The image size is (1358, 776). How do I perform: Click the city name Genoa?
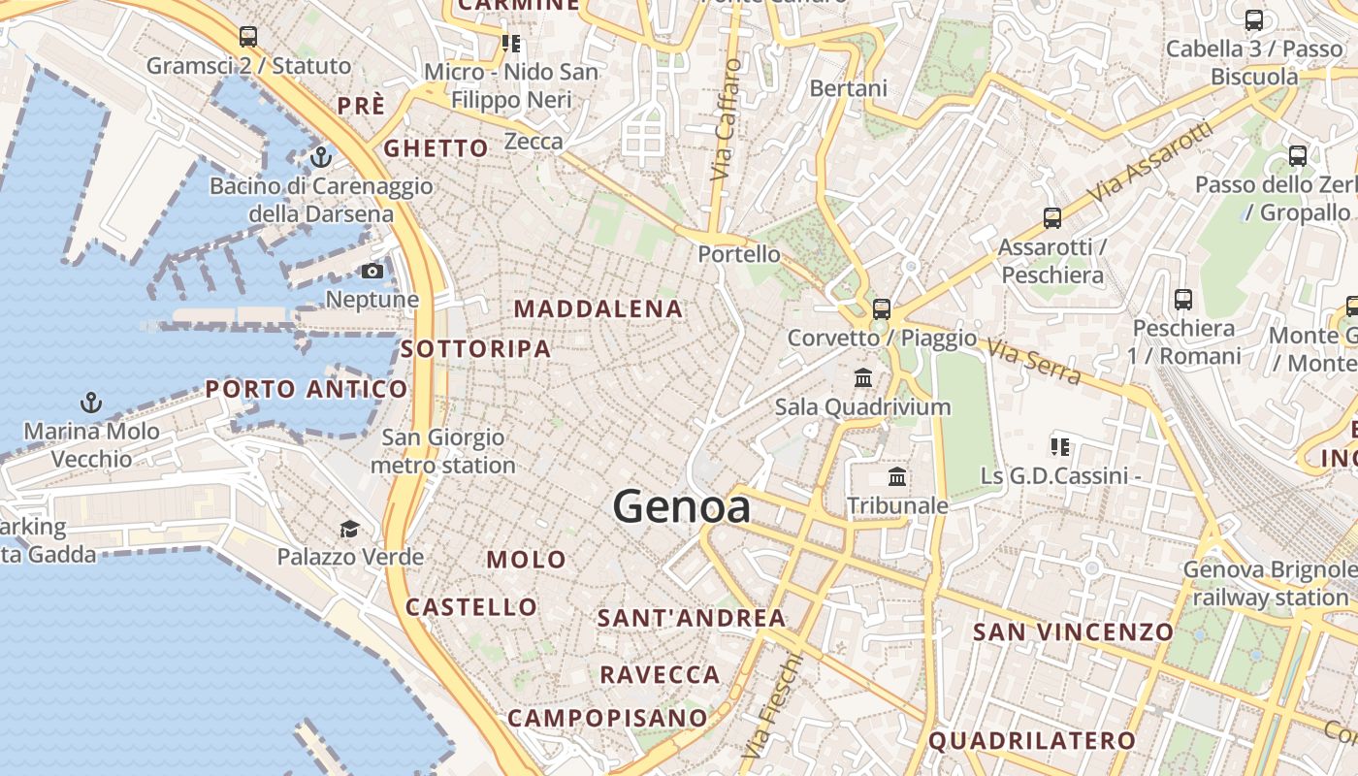[682, 506]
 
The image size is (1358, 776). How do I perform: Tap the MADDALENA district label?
[598, 309]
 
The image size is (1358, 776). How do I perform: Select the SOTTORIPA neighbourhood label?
[475, 349]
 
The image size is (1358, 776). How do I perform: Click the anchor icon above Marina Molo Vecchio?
[91, 402]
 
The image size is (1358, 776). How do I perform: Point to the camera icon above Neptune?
[372, 271]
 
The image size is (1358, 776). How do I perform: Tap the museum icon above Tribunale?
[897, 477]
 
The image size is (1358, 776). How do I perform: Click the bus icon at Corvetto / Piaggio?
[881, 309]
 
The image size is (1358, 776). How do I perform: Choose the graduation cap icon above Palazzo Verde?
[349, 529]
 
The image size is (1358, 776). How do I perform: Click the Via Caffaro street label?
[726, 119]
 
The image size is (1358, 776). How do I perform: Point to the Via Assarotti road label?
[1150, 161]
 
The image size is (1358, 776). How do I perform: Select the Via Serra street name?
[1034, 360]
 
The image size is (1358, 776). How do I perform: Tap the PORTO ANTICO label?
[307, 390]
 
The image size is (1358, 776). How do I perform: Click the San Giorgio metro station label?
[443, 452]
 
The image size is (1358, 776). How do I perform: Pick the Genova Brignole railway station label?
[1270, 584]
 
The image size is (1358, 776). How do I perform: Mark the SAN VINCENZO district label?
[1073, 632]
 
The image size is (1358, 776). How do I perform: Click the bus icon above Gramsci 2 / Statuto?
[248, 37]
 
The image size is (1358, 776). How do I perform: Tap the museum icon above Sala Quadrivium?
[862, 377]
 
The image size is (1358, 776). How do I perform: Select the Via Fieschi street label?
[772, 705]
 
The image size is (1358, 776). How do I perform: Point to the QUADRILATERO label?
[1032, 741]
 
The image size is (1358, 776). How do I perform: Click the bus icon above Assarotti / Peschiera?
[1052, 218]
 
